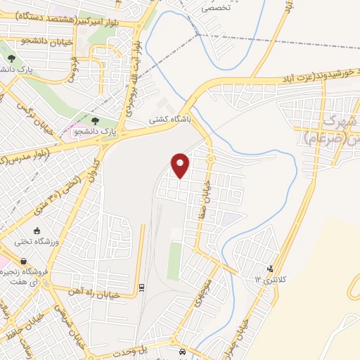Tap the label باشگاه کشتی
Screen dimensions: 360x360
(167, 120)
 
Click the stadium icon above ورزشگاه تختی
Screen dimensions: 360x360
(37, 231)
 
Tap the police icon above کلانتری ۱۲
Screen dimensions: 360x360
(271, 269)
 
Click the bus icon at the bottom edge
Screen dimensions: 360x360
(182, 352)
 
